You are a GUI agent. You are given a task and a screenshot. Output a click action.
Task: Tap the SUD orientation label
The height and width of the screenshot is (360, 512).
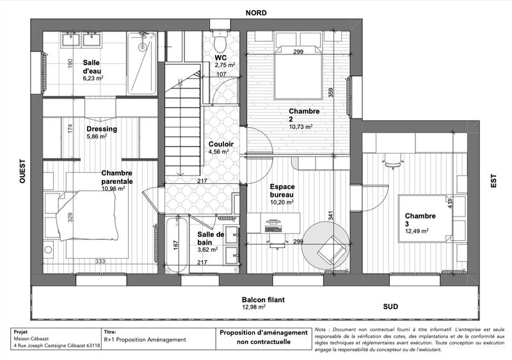(391, 307)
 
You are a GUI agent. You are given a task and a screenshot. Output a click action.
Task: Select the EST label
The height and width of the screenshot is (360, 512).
(493, 181)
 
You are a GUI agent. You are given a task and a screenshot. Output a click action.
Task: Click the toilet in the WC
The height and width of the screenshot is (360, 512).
(221, 44)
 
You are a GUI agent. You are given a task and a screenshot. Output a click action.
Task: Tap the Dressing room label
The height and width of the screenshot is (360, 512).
(102, 128)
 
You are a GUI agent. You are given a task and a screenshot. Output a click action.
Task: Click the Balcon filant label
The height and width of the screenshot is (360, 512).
(262, 300)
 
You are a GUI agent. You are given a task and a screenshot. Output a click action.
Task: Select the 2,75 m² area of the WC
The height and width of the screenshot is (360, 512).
(225, 65)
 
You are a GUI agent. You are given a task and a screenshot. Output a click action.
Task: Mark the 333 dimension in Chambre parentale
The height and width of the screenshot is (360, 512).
(100, 261)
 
